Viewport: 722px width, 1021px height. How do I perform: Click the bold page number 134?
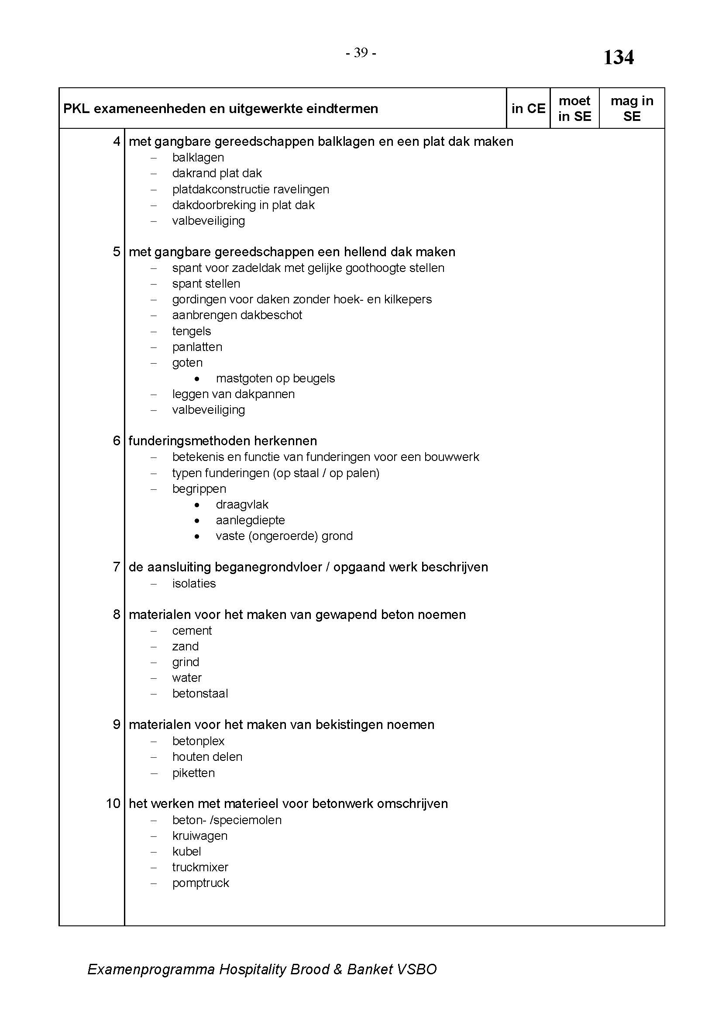[618, 58]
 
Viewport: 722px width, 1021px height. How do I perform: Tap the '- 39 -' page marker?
[361, 53]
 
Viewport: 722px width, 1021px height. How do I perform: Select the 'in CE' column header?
[528, 109]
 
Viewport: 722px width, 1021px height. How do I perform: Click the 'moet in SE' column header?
[574, 109]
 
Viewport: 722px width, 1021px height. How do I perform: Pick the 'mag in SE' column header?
[632, 109]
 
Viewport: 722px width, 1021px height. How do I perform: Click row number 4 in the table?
[117, 141]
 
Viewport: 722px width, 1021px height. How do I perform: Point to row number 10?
[113, 804]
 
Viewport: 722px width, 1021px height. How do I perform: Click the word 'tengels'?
[191, 331]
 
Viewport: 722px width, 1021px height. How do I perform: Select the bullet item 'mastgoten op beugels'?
[275, 378]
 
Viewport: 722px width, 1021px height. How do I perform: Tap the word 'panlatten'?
[197, 347]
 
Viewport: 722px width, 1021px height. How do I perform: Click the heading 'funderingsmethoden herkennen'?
[223, 441]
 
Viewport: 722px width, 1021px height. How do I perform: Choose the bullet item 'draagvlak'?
[242, 505]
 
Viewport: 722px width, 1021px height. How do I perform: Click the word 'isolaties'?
[194, 584]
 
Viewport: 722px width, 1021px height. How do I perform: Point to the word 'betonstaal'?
[200, 694]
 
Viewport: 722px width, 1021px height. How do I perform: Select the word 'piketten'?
[193, 773]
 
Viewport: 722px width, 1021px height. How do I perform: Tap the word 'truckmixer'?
[200, 867]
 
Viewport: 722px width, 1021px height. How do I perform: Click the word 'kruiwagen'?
[199, 835]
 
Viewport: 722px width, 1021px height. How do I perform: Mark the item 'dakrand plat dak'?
[217, 173]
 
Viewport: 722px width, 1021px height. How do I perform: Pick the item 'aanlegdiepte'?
[250, 520]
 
